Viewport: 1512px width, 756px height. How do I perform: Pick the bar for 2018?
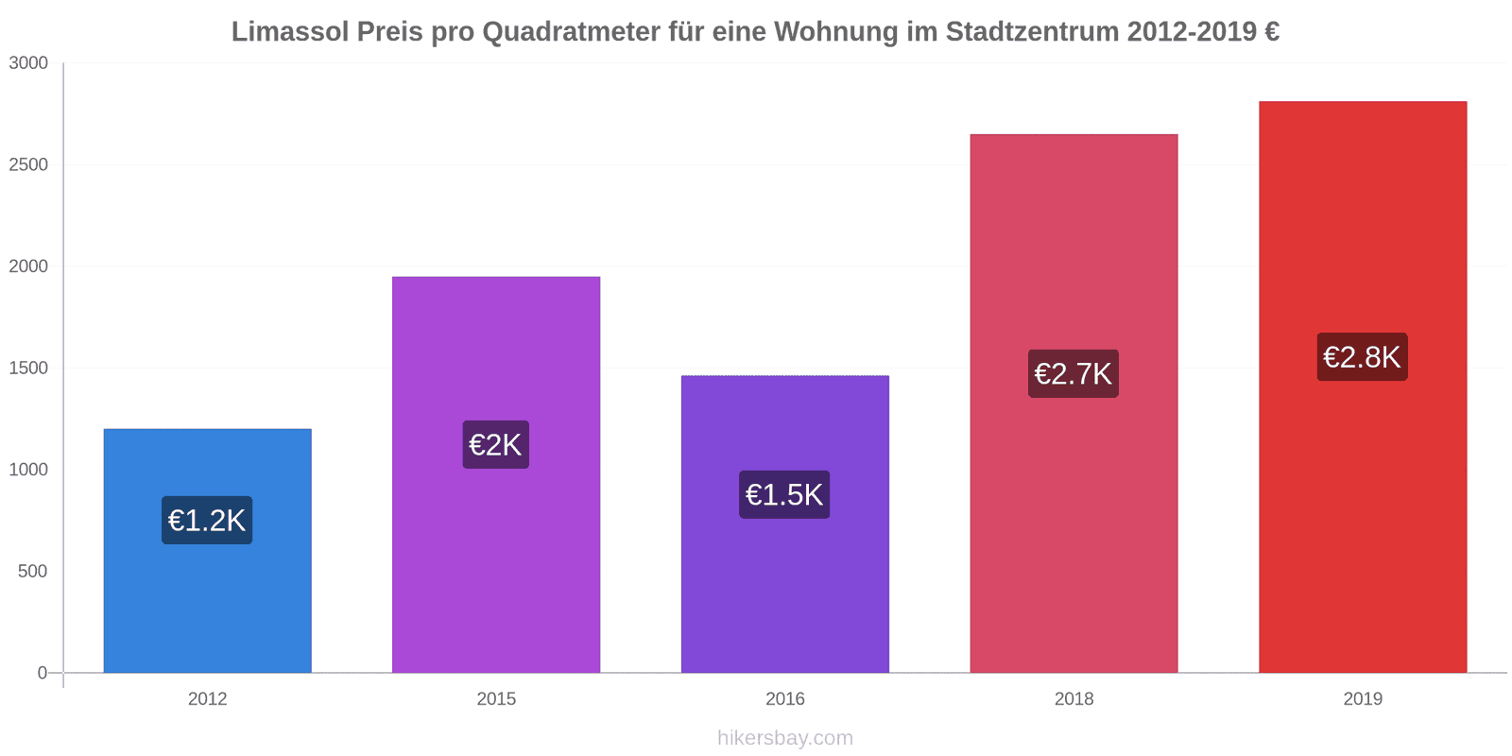point(1074,529)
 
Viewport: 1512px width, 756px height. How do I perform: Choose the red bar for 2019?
point(1362,520)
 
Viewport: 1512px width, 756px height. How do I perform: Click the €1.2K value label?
point(207,521)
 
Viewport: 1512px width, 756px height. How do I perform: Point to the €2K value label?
point(495,445)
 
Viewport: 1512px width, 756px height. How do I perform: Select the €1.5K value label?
point(784,495)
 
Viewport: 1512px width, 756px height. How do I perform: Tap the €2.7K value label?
point(1074,374)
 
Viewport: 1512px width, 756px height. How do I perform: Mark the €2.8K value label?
point(1362,357)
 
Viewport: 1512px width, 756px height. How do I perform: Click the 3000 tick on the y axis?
point(28,63)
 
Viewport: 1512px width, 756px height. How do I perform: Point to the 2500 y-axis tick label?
point(28,165)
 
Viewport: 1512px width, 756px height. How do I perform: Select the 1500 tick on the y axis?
point(28,369)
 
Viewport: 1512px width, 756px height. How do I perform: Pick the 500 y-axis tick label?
point(32,572)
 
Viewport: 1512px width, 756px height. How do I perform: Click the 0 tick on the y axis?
point(42,673)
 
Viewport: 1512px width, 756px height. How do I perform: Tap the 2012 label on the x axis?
point(207,699)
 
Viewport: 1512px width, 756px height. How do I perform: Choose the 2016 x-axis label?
point(784,699)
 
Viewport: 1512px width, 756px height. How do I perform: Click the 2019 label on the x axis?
point(1362,699)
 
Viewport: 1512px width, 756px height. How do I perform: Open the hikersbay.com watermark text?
point(784,738)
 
